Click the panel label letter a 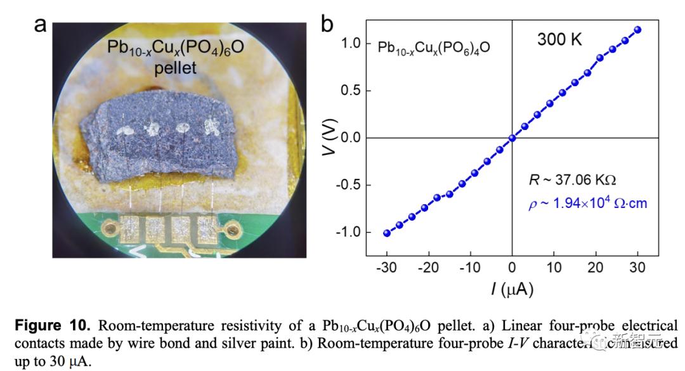coord(41,25)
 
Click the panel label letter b coord(328,24)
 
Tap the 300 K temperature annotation coord(559,39)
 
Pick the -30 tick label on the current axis coord(386,268)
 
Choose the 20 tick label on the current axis coord(596,268)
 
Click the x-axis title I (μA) coord(511,290)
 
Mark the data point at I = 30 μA coord(637,30)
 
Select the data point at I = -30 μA coord(387,233)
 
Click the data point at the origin coord(512,138)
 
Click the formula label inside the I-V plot coord(433,48)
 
